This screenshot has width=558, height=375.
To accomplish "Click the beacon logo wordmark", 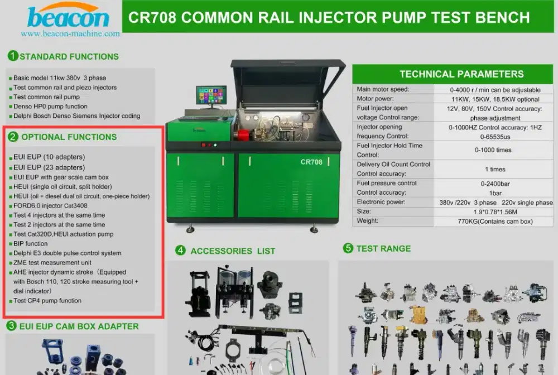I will (69, 18).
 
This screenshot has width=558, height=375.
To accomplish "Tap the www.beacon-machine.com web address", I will (70, 34).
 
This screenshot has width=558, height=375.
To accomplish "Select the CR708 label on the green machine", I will (311, 162).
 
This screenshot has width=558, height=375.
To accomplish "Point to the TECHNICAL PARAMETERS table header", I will (461, 74).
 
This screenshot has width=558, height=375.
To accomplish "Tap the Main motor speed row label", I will (383, 89).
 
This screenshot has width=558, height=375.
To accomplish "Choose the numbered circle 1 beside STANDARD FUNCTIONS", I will (13, 56).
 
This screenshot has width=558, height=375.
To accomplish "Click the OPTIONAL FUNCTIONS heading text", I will (69, 137).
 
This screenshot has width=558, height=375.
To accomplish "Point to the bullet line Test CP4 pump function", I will (47, 301).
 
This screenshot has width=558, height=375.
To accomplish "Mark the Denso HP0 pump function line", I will (50, 107).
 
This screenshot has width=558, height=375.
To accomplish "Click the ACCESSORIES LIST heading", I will (233, 251).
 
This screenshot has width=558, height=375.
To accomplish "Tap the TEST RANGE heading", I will (383, 249).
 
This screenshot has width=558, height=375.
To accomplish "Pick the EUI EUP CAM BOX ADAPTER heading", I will (79, 326).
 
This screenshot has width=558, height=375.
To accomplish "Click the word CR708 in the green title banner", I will (152, 17).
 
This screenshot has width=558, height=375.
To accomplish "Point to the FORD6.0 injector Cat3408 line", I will (50, 206).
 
